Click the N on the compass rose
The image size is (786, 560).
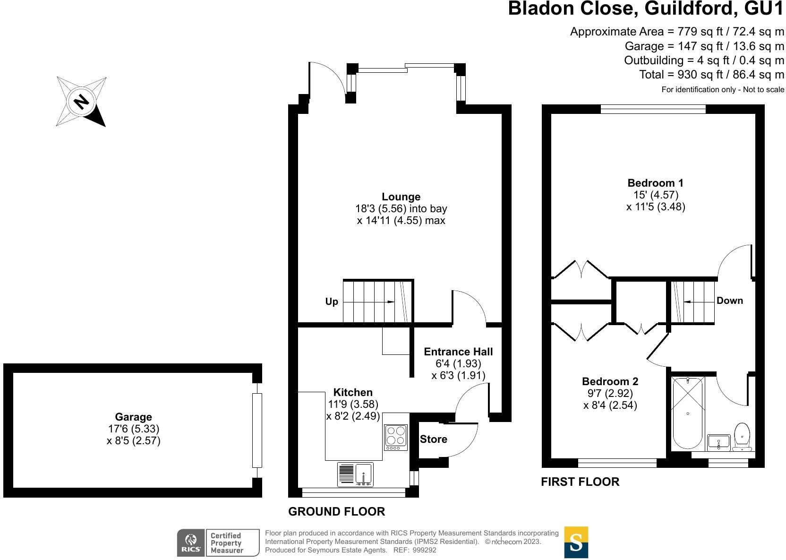click(x=81, y=102)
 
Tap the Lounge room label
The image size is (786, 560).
click(x=401, y=197)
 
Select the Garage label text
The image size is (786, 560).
click(x=133, y=417)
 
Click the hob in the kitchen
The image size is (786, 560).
click(x=396, y=438)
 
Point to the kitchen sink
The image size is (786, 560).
click(x=356, y=474)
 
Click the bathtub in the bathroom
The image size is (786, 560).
click(x=688, y=413)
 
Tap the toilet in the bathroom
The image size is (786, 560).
click(x=742, y=436)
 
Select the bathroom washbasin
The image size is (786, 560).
click(x=718, y=442)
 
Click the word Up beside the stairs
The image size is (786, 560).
click(x=332, y=302)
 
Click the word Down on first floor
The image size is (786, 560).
click(x=729, y=301)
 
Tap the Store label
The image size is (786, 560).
click(x=433, y=439)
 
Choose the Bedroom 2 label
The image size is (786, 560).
click(x=610, y=381)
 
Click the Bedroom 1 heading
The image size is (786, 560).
click(x=655, y=183)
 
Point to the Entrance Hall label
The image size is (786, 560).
click(x=458, y=352)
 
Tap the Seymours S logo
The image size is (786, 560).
click(x=576, y=543)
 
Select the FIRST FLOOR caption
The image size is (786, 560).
click(x=580, y=482)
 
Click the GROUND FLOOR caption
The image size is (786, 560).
click(x=336, y=511)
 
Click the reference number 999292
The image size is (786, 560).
click(x=424, y=550)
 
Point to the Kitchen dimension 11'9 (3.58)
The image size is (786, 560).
click(x=353, y=404)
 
